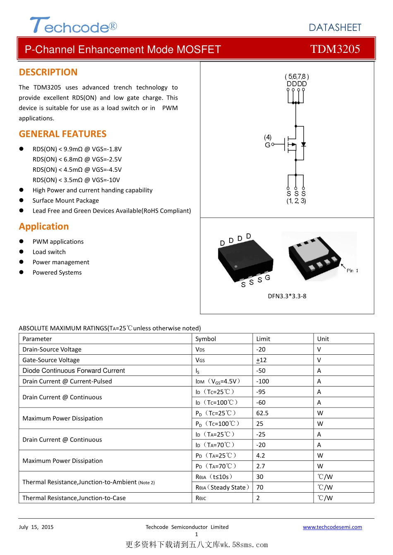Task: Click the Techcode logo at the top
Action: point(73,26)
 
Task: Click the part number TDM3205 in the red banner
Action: point(335,49)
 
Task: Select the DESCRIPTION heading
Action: point(48,72)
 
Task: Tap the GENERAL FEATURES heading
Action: point(63,134)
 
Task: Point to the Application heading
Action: point(44,227)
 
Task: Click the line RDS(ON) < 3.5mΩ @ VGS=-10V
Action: point(76,180)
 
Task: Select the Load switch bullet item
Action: point(49,252)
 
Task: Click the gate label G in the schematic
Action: point(267,145)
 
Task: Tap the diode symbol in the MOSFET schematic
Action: point(304,145)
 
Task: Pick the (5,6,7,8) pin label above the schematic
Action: point(297,77)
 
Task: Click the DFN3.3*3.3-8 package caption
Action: point(287,296)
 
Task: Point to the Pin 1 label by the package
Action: point(352,271)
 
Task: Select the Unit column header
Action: point(323,339)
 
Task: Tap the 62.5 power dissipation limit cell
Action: point(262,413)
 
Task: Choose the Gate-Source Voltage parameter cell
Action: point(51,360)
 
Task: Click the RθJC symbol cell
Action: point(201,498)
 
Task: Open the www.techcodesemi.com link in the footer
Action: point(332,527)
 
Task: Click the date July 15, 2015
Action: point(36,527)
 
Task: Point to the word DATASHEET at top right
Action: point(335,28)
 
